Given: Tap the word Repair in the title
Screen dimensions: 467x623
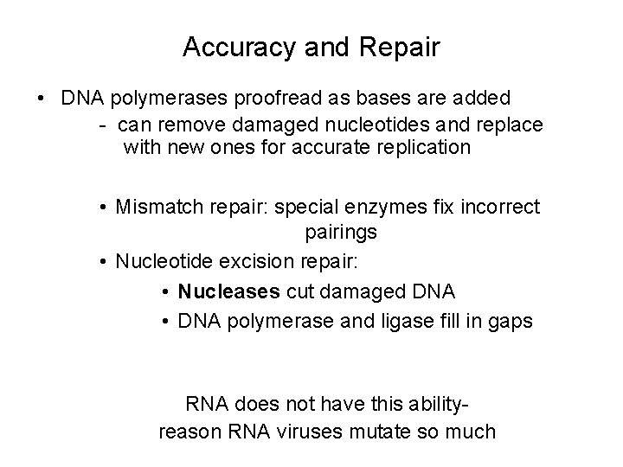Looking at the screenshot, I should (x=404, y=48).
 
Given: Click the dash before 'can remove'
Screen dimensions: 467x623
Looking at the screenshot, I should (x=102, y=124).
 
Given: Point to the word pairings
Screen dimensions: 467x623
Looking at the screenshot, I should (x=340, y=233).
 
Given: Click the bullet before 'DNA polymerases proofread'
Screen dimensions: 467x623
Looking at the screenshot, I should (x=42, y=99).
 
